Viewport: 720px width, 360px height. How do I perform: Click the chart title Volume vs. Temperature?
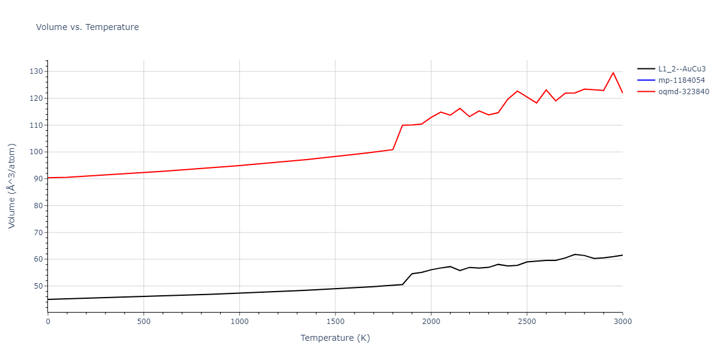[x=87, y=27]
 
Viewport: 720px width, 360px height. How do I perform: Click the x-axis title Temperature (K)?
[x=335, y=338]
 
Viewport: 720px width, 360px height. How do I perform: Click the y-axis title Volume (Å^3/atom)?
[x=12, y=186]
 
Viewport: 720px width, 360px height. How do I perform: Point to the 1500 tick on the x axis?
[x=335, y=322]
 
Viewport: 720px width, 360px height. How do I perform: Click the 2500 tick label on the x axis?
[x=527, y=322]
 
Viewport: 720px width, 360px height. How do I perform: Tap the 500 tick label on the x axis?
[x=143, y=322]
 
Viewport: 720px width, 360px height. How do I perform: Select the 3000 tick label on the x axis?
[x=622, y=322]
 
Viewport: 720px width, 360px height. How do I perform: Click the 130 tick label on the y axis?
[x=36, y=71]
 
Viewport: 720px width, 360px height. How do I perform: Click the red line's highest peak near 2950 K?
[x=613, y=73]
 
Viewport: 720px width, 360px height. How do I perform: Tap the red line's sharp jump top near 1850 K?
[x=402, y=125]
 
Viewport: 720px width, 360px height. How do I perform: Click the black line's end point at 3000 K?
[x=622, y=255]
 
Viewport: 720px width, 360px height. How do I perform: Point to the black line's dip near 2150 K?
[x=460, y=271]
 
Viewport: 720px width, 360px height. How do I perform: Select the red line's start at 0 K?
[x=48, y=178]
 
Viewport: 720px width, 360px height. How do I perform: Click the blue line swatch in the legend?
[x=646, y=80]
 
